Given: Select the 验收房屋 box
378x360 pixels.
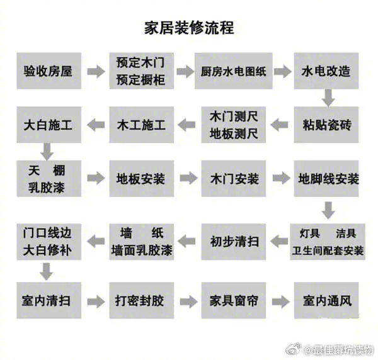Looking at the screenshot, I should coord(49,70).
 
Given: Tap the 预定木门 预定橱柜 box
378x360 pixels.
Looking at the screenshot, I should coord(140,70).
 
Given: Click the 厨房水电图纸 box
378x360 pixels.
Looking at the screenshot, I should coord(233,70).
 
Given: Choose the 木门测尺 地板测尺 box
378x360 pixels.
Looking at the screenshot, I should coord(233,125).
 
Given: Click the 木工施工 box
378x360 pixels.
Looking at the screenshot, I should coord(140,125).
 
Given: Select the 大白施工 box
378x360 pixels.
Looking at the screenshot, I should coord(49,125).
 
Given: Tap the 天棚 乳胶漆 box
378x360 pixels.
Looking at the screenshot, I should coord(49,179).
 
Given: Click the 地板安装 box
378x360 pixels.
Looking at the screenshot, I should coord(140,179).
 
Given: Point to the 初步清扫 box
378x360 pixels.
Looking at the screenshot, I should coord(233,240).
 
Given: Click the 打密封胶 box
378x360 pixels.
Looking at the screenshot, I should coord(140,300).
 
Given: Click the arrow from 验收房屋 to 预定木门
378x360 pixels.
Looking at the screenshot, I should coord(95,71).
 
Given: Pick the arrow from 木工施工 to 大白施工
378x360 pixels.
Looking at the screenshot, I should coord(95,125).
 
